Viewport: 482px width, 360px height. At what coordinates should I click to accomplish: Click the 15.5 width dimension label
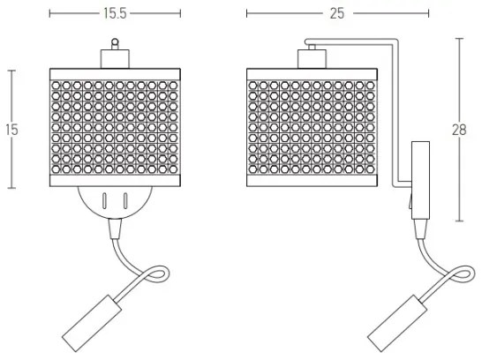(113, 14)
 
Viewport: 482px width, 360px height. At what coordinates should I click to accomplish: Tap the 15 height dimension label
(11, 129)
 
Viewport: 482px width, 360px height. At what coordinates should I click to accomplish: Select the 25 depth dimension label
(336, 14)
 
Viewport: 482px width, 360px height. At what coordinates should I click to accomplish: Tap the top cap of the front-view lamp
(113, 57)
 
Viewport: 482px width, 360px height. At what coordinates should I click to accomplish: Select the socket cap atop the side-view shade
(310, 58)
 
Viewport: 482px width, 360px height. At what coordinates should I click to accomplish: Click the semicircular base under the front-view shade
(113, 203)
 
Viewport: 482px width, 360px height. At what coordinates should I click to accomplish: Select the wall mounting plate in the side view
(420, 182)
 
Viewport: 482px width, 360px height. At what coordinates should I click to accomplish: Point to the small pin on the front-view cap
(113, 41)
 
